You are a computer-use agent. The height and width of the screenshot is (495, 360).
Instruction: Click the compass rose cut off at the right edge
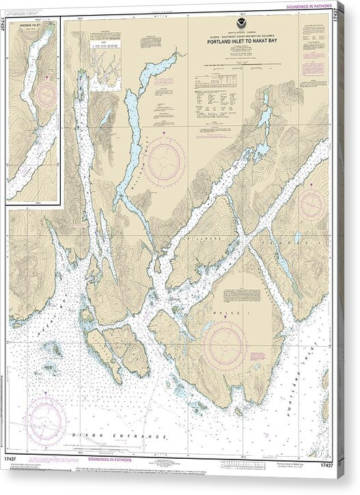point(312,203)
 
